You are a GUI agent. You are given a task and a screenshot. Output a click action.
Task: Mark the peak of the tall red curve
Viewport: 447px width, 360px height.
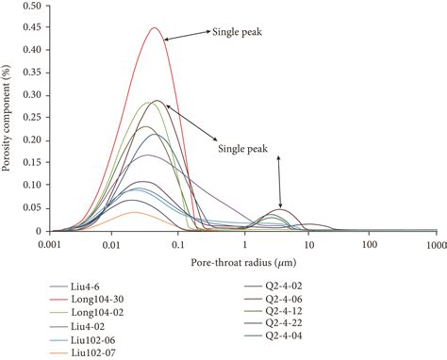point(154,28)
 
